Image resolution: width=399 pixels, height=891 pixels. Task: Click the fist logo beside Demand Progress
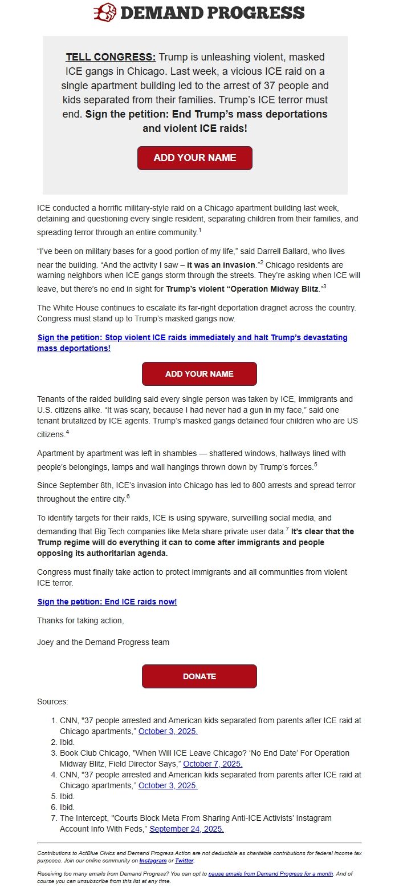pos(105,12)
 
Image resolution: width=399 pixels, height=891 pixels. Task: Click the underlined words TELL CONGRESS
pos(111,57)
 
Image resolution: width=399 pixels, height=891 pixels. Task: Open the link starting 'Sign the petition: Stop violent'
pos(192,342)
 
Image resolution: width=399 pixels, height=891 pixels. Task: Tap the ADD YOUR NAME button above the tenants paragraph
pos(199,374)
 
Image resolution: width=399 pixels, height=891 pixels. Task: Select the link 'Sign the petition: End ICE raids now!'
pos(107,602)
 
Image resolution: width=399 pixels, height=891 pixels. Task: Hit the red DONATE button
pos(199,676)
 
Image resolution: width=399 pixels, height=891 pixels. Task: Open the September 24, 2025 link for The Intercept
pos(186,829)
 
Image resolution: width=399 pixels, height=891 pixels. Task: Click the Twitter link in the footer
pos(185,860)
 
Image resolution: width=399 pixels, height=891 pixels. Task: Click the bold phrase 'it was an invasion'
pos(221,265)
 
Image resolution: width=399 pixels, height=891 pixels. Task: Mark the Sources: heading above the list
pos(52,701)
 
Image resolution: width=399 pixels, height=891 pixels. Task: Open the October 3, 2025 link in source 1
pos(168,731)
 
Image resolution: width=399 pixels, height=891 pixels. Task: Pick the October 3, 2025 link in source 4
pos(168,785)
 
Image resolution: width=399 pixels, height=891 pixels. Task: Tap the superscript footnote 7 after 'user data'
pos(287,529)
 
